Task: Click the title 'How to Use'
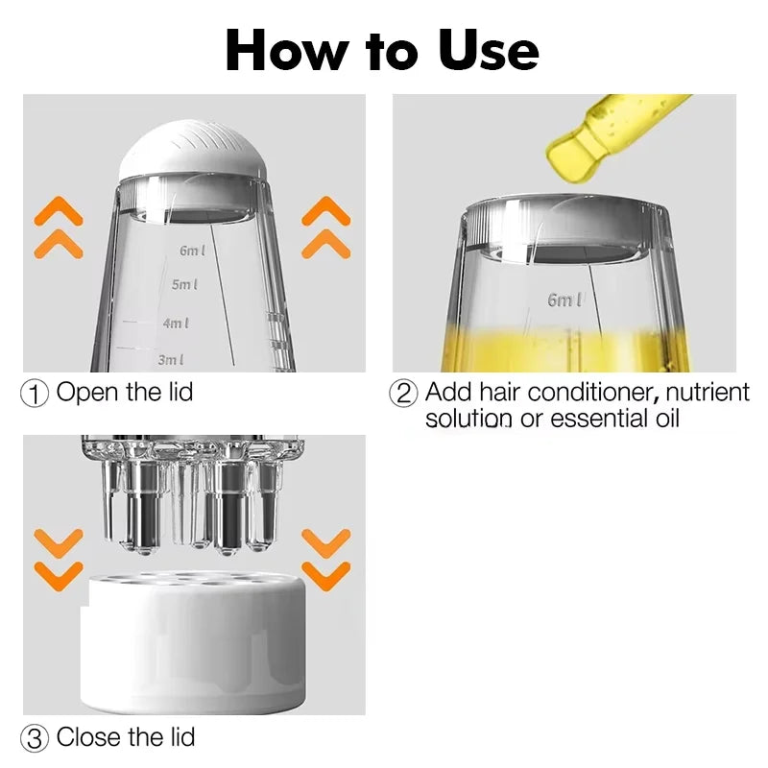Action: (382, 50)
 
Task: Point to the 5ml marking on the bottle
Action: (185, 285)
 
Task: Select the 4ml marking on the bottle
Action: (176, 324)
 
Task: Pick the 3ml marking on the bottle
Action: (171, 360)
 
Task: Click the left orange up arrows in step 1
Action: (60, 228)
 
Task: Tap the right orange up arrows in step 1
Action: (325, 228)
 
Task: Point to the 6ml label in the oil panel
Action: (564, 300)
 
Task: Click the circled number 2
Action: (403, 394)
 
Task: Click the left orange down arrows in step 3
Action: (60, 560)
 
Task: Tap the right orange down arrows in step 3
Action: (325, 560)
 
